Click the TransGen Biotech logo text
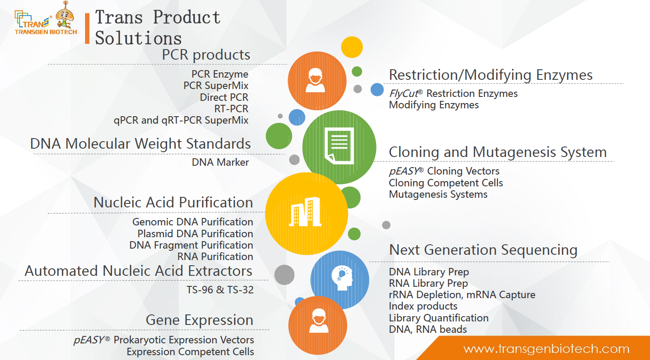tap(46, 32)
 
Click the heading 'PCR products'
tap(206, 54)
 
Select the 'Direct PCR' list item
tap(224, 97)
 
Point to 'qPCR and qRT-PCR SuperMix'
tap(181, 120)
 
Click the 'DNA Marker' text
tap(220, 162)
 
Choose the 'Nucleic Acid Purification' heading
tap(173, 202)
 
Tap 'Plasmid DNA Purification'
tap(195, 234)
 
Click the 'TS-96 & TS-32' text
tap(220, 290)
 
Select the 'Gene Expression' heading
tap(199, 320)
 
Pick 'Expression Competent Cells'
tap(190, 352)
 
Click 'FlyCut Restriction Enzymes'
tap(453, 93)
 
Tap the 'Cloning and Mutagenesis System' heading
tap(497, 152)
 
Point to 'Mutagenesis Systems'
tap(438, 194)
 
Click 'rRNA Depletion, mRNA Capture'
tap(462, 295)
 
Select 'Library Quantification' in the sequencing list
tap(439, 318)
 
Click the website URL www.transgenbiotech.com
tap(546, 349)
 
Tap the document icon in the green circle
tap(339, 146)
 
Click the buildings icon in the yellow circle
tap(305, 212)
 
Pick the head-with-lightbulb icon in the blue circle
tap(342, 278)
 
